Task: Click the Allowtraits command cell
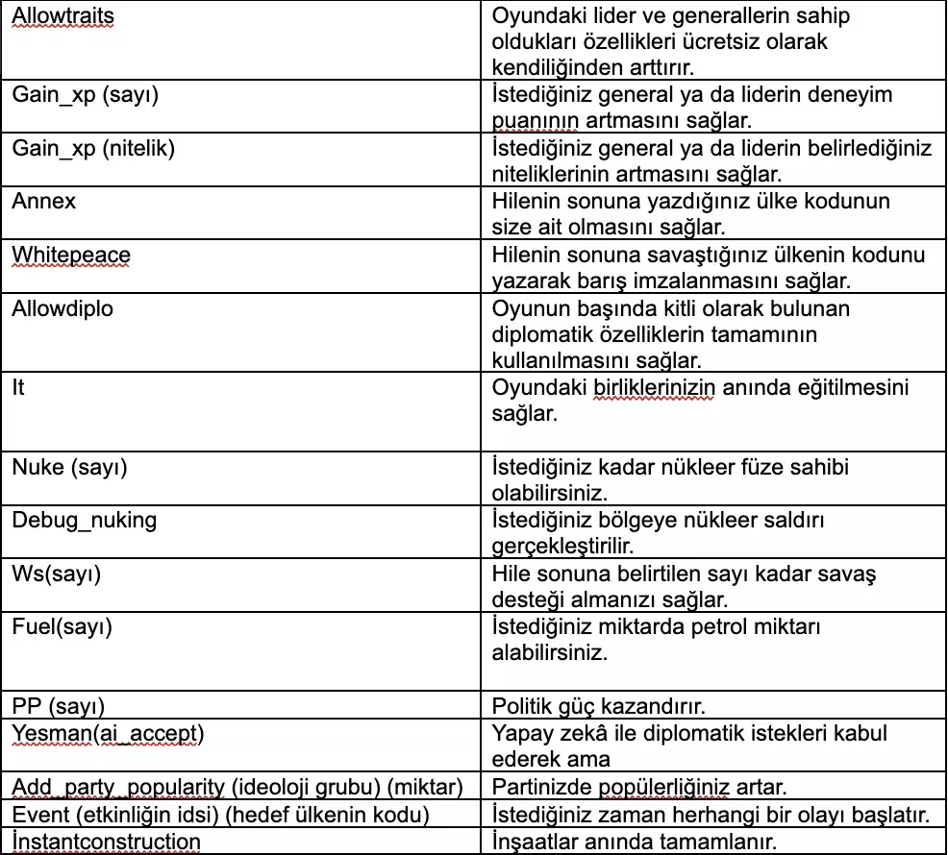(x=62, y=18)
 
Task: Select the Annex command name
(x=43, y=202)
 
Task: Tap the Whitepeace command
(x=71, y=256)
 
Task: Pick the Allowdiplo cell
(x=64, y=308)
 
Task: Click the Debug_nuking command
(x=84, y=520)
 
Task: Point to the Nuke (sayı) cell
(x=69, y=468)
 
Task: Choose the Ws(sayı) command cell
(x=57, y=574)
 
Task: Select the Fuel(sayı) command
(x=62, y=627)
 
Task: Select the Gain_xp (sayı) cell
(x=85, y=95)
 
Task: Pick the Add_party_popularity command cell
(x=237, y=788)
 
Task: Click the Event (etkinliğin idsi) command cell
(x=220, y=815)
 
